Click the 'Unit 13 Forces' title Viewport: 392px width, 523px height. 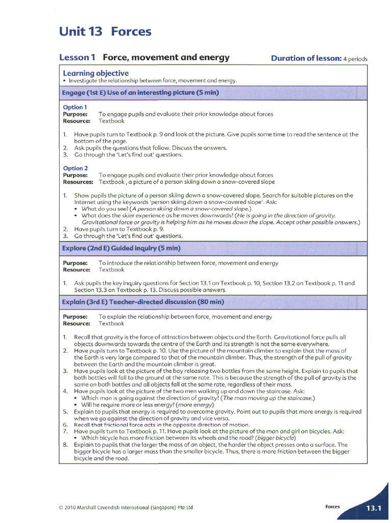(105, 32)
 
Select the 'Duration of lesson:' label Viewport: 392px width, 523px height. (306, 58)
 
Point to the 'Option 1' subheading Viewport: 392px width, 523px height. (75, 107)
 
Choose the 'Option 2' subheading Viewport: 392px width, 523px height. (75, 168)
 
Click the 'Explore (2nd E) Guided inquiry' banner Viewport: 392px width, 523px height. (121, 248)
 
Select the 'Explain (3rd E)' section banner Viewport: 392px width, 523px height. (143, 302)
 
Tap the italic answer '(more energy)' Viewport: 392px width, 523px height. (194, 405)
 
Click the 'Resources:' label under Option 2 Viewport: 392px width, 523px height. (78, 182)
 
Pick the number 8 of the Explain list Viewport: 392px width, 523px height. (65, 445)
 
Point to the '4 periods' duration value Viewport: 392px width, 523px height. (355, 59)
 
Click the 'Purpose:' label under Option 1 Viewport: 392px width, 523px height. (75, 114)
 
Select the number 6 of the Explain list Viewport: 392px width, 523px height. (65, 424)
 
